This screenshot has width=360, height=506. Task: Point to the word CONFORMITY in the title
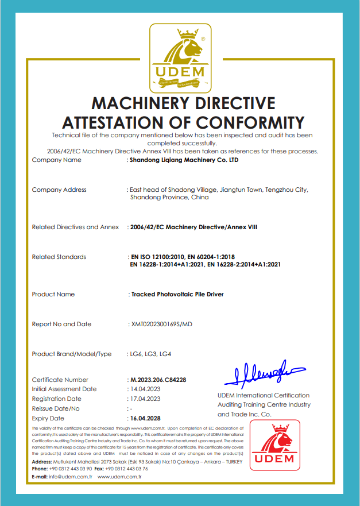249,122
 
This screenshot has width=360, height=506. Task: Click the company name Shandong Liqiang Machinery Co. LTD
184,160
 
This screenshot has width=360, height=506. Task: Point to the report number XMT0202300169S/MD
162,325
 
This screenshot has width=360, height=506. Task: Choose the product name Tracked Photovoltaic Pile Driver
177,295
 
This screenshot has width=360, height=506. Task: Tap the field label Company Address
59,190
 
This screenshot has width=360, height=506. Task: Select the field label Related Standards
59,257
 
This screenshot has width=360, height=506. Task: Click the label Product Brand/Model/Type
72,354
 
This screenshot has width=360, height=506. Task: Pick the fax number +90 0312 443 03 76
126,469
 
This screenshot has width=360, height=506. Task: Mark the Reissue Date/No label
56,409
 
